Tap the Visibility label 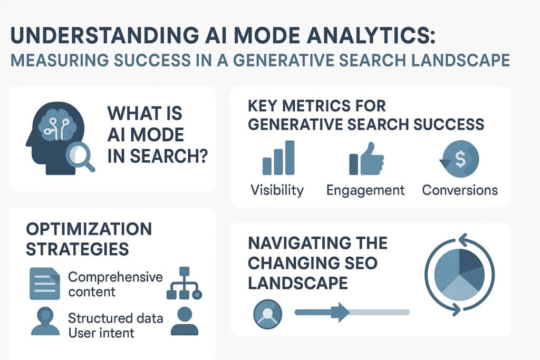[277, 190]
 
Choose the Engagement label [365, 190]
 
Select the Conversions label [460, 190]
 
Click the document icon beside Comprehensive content [45, 284]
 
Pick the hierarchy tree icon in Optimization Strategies [184, 284]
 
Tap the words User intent [101, 333]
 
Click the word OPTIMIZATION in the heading [88, 229]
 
